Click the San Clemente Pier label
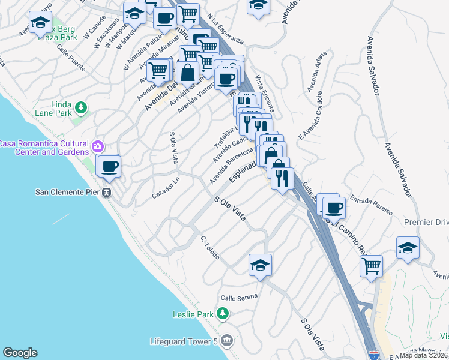pyautogui.click(x=68, y=192)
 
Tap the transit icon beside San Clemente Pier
pyautogui.click(x=106, y=192)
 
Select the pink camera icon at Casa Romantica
pyautogui.click(x=98, y=146)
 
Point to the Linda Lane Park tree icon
pyautogui.click(x=80, y=109)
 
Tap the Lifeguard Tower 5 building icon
pyautogui.click(x=226, y=341)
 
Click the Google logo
pyautogui.click(x=20, y=353)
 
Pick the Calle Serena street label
pyautogui.click(x=238, y=297)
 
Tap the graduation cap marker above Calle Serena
pyautogui.click(x=260, y=265)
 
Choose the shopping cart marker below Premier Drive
pyautogui.click(x=371, y=265)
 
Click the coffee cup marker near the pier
pyautogui.click(x=109, y=166)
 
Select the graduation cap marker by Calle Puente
pyautogui.click(x=40, y=23)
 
